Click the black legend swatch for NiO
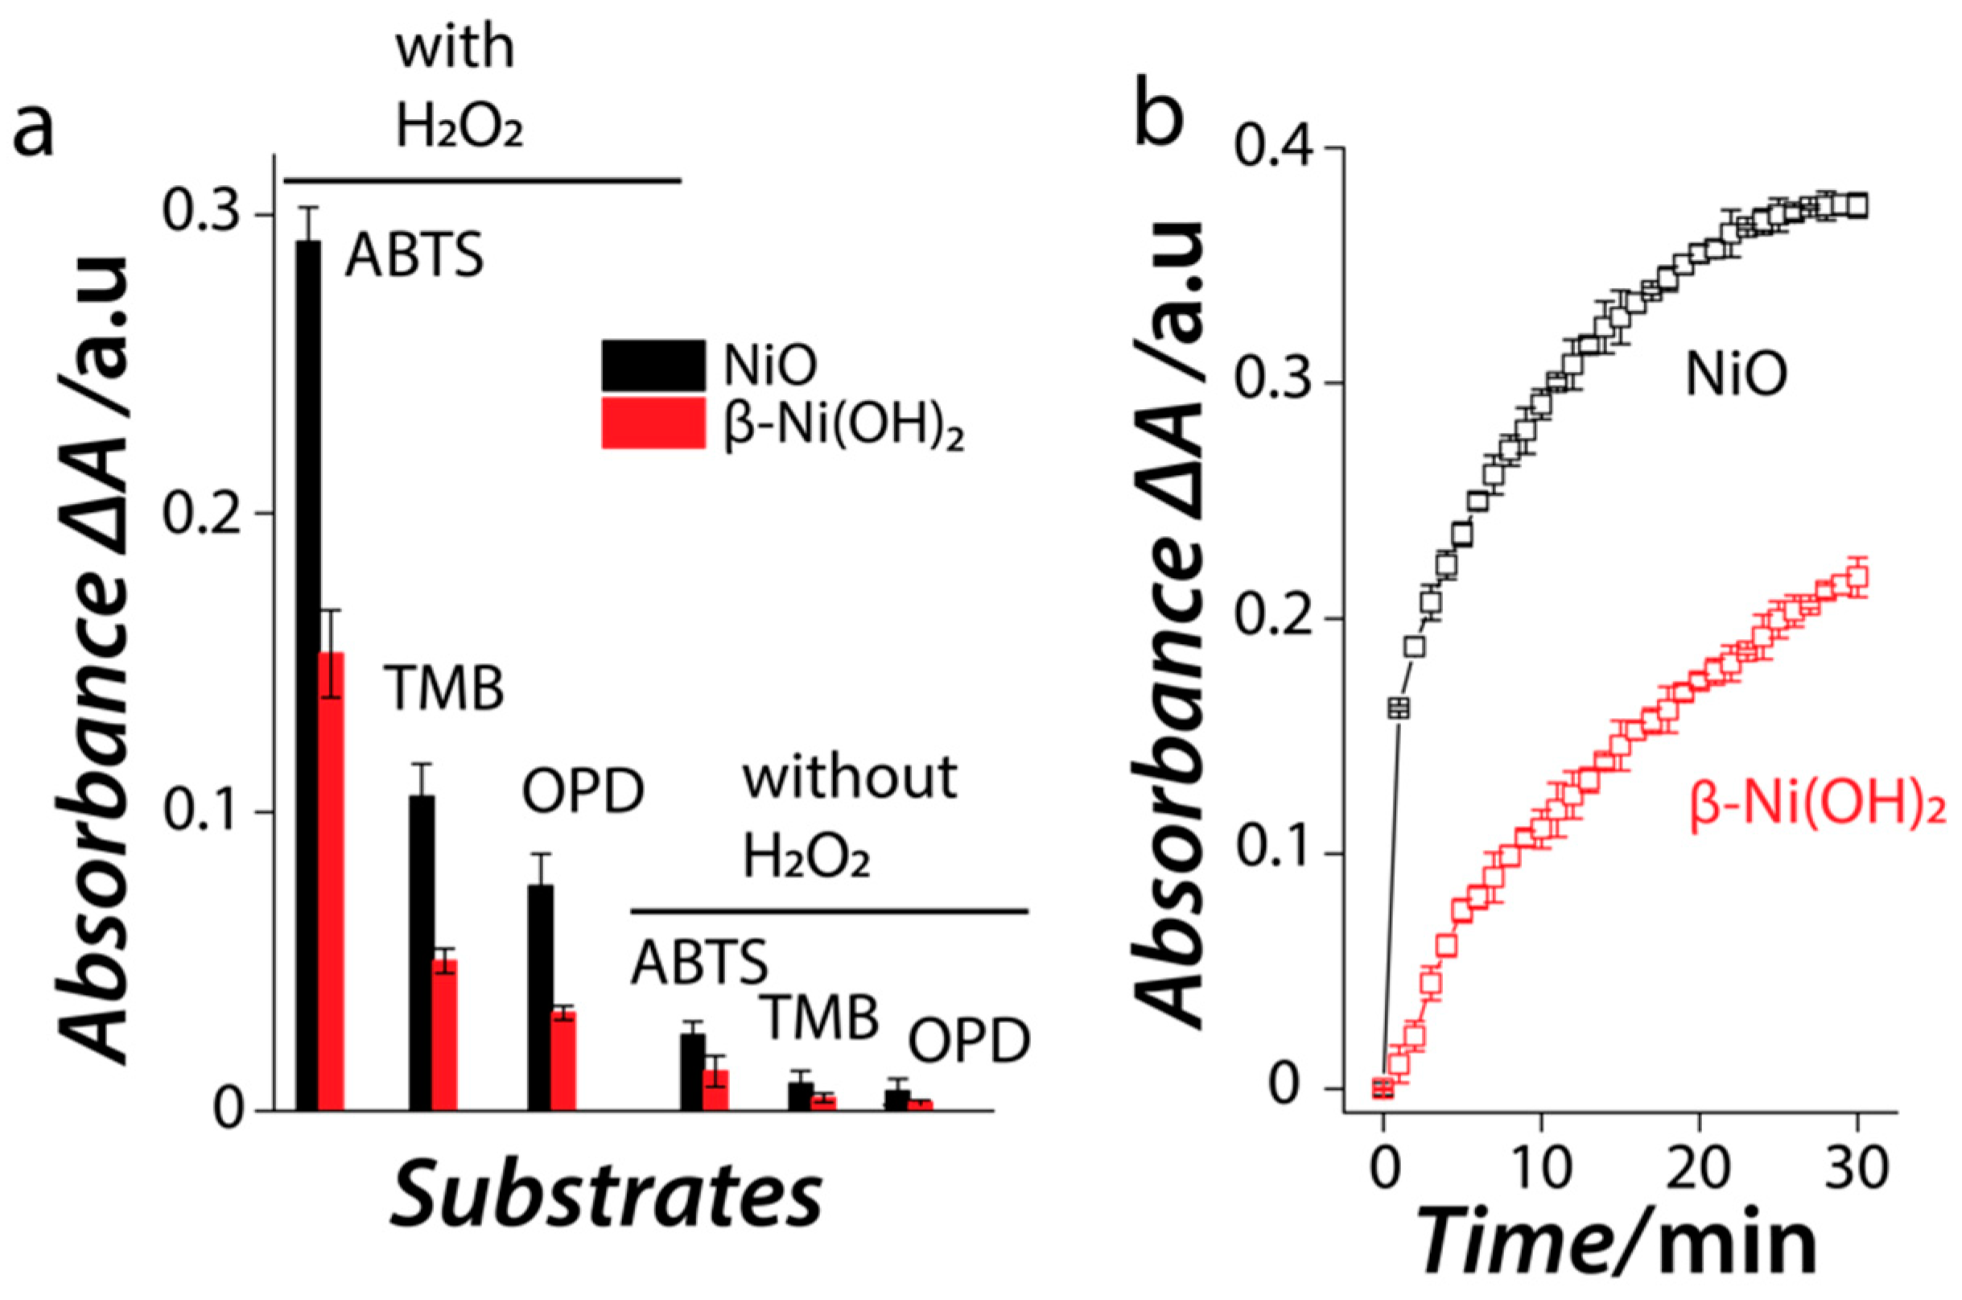(x=653, y=365)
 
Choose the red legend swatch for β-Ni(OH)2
(x=653, y=423)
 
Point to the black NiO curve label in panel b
(x=1736, y=376)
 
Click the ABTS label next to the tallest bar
(x=414, y=255)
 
